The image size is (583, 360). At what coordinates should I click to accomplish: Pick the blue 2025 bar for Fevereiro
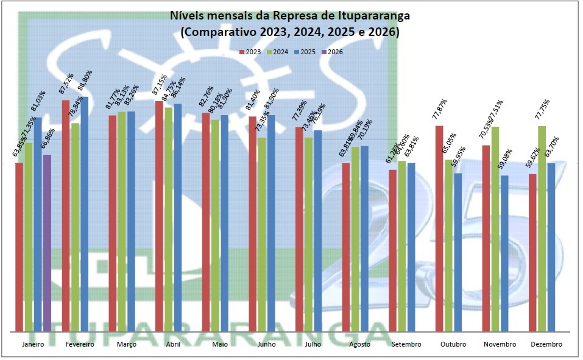click(x=85, y=213)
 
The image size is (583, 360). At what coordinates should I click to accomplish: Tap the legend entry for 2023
click(x=250, y=52)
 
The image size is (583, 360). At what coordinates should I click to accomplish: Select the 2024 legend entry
click(x=277, y=52)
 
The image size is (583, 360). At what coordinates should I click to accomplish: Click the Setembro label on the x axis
click(x=406, y=345)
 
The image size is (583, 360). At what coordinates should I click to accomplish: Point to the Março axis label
click(x=126, y=345)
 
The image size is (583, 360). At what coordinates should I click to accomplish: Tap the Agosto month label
click(x=360, y=345)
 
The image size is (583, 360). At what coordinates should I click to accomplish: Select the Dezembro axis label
click(x=546, y=345)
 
